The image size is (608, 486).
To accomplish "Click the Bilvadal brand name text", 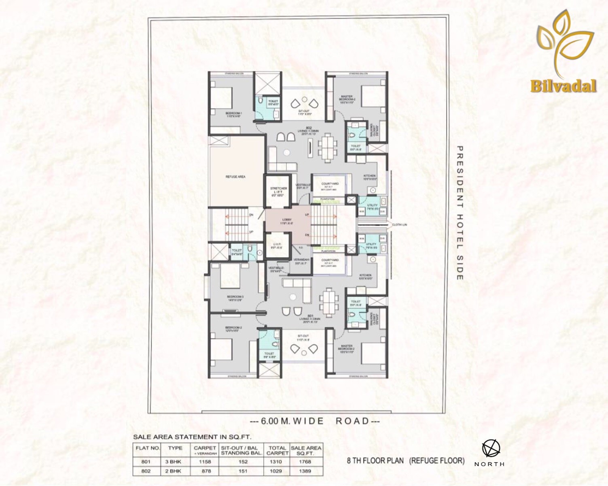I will point(564,86).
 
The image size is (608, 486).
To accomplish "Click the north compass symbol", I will point(491,449).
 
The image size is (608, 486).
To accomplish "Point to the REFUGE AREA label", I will point(235,177).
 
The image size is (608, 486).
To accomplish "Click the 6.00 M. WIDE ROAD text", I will point(315,421).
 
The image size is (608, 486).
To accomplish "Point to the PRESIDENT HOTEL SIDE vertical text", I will point(460,213).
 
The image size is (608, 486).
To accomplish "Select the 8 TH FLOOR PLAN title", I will point(405,460).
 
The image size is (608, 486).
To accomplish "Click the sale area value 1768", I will point(306,461).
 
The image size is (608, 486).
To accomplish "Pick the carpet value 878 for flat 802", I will point(205,471).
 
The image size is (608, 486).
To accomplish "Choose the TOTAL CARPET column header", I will point(277,450).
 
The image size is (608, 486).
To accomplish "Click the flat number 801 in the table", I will point(146,461).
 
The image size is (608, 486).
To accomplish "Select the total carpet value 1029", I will point(277,471).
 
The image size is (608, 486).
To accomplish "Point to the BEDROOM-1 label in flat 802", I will point(234,114).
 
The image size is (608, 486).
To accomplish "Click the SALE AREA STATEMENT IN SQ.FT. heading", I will point(192,437).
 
